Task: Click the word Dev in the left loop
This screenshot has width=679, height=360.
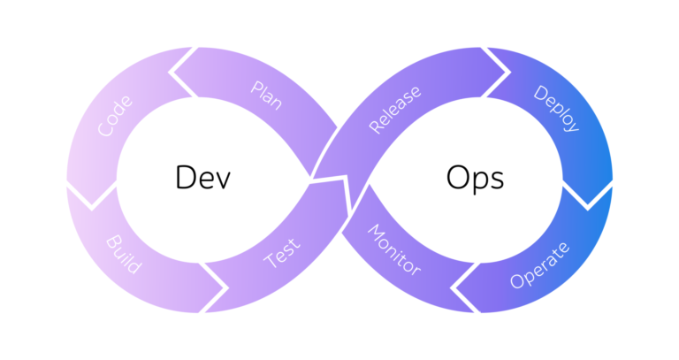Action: (203, 178)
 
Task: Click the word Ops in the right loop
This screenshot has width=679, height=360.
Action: (475, 178)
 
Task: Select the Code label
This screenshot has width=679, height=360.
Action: (116, 116)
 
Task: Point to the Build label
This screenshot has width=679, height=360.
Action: (124, 252)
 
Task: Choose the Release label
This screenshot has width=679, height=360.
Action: (393, 110)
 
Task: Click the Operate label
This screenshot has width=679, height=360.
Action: (540, 264)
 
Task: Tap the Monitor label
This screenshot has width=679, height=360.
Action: (393, 250)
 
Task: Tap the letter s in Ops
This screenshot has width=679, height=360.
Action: (497, 180)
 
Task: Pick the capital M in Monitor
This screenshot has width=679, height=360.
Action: (374, 233)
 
